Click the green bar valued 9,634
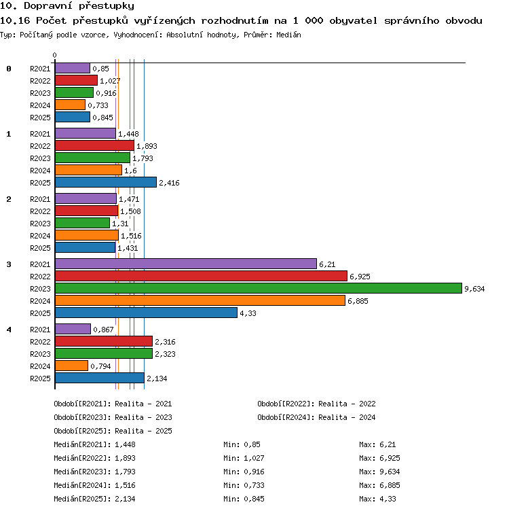tap(259, 288)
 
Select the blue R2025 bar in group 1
tap(106, 183)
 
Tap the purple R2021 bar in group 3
tap(186, 264)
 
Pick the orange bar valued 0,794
tap(71, 366)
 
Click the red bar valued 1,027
tap(76, 80)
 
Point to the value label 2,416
tap(169, 183)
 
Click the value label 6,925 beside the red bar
tap(360, 277)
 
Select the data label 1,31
tap(120, 224)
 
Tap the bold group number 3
tap(9, 264)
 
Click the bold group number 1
tap(9, 134)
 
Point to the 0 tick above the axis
tap(54, 55)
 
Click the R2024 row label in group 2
tap(40, 236)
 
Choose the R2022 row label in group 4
tap(40, 342)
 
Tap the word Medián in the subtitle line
tap(288, 35)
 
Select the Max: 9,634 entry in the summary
tap(379, 472)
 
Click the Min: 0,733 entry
tap(244, 485)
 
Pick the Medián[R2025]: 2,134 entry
tap(94, 499)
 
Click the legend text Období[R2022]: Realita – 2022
tap(316, 404)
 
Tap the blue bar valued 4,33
tap(146, 313)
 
